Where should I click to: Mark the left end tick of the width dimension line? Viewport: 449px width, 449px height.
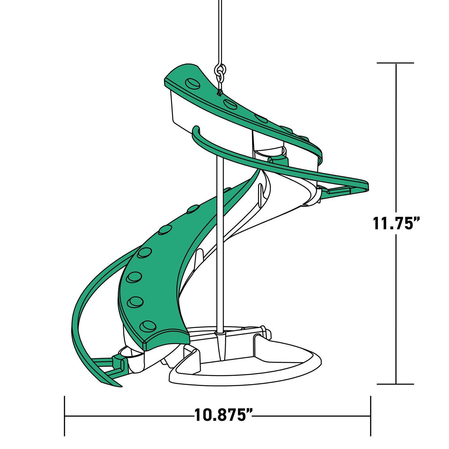65,416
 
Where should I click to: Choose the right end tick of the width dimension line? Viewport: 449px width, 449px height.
371,416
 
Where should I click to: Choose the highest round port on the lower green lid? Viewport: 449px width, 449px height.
192,209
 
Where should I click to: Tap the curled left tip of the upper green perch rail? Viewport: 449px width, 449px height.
196,129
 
